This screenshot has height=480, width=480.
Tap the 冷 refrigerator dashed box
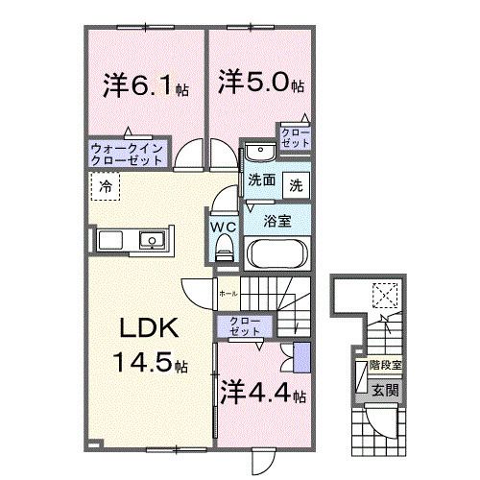click(108, 186)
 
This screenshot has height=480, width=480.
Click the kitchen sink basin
click(152, 239)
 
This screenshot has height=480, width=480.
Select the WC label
click(225, 228)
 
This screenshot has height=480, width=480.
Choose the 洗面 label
click(261, 181)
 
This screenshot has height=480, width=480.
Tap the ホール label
click(228, 292)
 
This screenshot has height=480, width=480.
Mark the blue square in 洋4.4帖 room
click(301, 357)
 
